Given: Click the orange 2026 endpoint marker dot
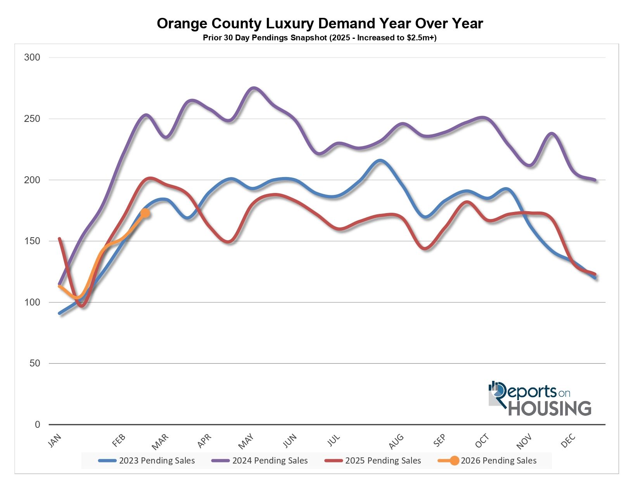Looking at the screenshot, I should click(x=145, y=213).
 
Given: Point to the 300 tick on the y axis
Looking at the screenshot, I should click(x=32, y=57).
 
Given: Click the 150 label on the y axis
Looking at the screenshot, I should click(x=32, y=241).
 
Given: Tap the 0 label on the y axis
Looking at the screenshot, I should click(x=38, y=425).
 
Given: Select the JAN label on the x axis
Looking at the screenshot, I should click(x=55, y=441).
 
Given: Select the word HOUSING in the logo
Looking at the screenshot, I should click(x=550, y=408).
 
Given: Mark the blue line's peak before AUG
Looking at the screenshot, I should click(x=380, y=160).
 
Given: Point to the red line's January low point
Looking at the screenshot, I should click(x=81, y=306).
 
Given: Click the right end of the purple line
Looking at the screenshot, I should click(x=595, y=180).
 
